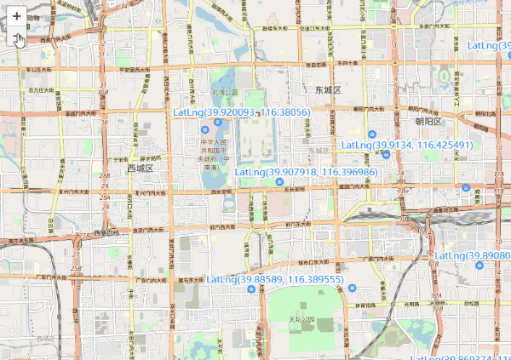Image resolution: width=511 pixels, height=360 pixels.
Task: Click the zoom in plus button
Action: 16,15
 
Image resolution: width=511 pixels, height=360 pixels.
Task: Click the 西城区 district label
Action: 139,169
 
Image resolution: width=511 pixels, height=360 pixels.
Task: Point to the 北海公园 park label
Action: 224,92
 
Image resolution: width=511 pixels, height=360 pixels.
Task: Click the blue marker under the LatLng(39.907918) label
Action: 279,181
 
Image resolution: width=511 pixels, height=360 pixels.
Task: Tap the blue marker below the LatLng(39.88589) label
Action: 251,289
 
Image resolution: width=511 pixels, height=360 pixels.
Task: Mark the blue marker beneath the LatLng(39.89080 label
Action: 479,266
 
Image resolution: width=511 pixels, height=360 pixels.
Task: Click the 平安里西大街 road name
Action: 135,71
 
